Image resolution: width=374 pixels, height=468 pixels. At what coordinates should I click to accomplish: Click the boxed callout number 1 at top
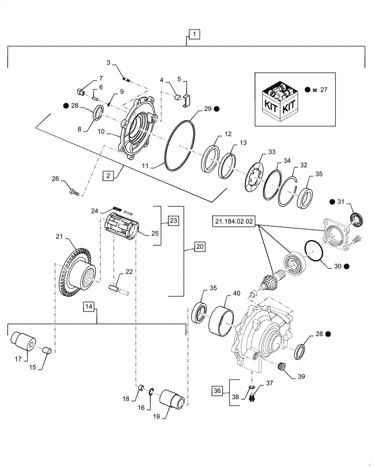point(194,34)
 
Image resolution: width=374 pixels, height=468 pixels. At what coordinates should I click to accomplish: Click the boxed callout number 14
point(90,307)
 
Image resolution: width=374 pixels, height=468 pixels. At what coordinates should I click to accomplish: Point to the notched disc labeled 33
point(254,175)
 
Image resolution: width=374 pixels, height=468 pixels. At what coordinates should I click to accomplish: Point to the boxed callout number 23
point(173,219)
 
